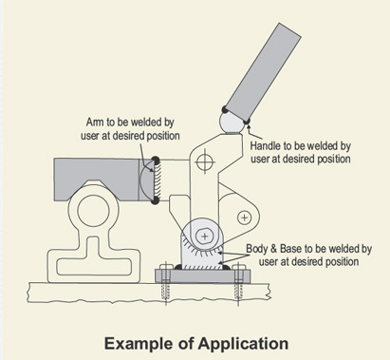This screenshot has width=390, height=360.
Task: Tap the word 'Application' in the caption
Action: click(242, 342)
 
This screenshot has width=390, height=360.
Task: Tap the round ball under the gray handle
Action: click(231, 122)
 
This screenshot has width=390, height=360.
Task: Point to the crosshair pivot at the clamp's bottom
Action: click(205, 234)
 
